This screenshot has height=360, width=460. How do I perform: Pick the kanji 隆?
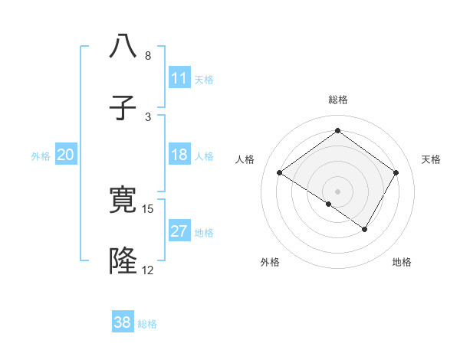pyautogui.click(x=123, y=261)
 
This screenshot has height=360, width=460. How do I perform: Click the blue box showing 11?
pyautogui.click(x=179, y=78)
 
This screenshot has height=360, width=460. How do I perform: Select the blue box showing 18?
pyautogui.click(x=179, y=155)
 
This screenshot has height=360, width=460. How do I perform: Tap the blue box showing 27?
pyautogui.click(x=179, y=232)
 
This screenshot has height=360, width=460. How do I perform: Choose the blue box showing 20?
pyautogui.click(x=66, y=155)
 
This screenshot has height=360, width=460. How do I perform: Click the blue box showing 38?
pyautogui.click(x=123, y=322)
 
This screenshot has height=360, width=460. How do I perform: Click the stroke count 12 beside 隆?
pyautogui.click(x=148, y=270)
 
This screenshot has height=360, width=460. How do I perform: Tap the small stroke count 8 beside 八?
pyautogui.click(x=148, y=56)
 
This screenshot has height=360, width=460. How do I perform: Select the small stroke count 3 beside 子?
pyautogui.click(x=148, y=116)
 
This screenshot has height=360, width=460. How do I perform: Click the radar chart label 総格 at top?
pyautogui.click(x=337, y=100)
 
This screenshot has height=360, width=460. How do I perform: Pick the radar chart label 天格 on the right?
pyautogui.click(x=431, y=159)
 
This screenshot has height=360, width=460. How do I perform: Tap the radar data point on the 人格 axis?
pyautogui.click(x=280, y=173)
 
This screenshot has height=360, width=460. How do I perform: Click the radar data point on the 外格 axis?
pyautogui.click(x=328, y=204)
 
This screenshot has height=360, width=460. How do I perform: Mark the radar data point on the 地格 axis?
pyautogui.click(x=365, y=229)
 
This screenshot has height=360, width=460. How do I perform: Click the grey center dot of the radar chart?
pyautogui.click(x=337, y=191)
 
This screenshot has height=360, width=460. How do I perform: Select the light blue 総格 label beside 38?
pyautogui.click(x=147, y=324)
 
